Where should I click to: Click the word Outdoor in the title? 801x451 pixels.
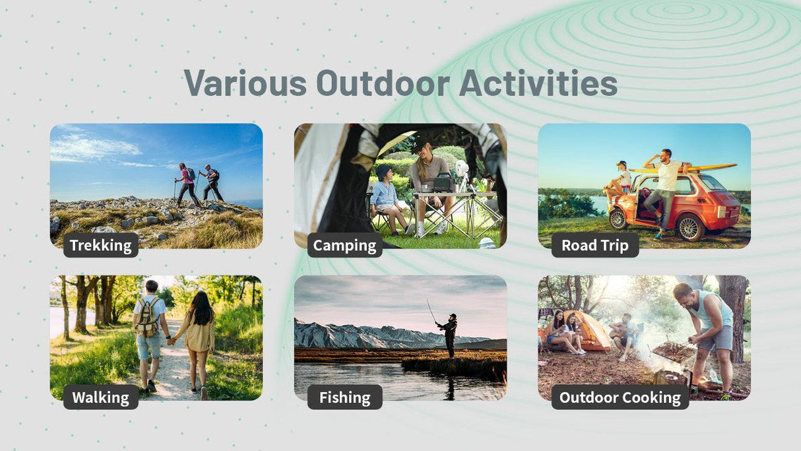(x=383, y=83)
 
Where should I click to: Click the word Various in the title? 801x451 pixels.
(x=245, y=83)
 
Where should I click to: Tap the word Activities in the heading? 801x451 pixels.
(x=538, y=83)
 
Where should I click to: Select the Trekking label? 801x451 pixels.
(x=101, y=245)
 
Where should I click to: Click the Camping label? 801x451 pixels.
(x=344, y=245)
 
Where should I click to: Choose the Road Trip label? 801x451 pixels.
(x=595, y=245)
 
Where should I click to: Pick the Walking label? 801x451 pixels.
(x=101, y=398)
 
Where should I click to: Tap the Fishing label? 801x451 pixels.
(x=344, y=398)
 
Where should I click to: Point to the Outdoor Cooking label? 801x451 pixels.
(x=620, y=398)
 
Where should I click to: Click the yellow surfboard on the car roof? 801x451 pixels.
(x=683, y=168)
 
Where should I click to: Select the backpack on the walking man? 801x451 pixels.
(x=147, y=318)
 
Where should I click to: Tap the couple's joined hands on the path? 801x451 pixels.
(x=172, y=341)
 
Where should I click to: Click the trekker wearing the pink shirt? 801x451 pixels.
(x=187, y=185)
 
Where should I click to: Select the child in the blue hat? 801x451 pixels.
(x=387, y=199)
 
